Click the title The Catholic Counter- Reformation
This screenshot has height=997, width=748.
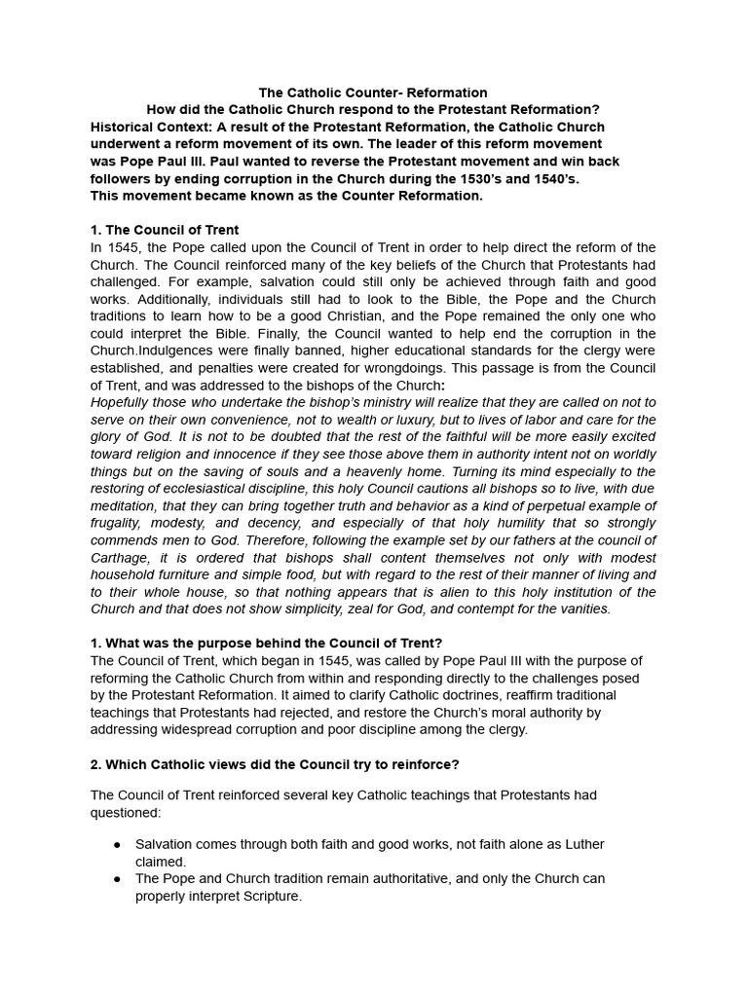[x=373, y=92]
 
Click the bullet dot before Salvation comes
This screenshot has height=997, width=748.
[x=117, y=845]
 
